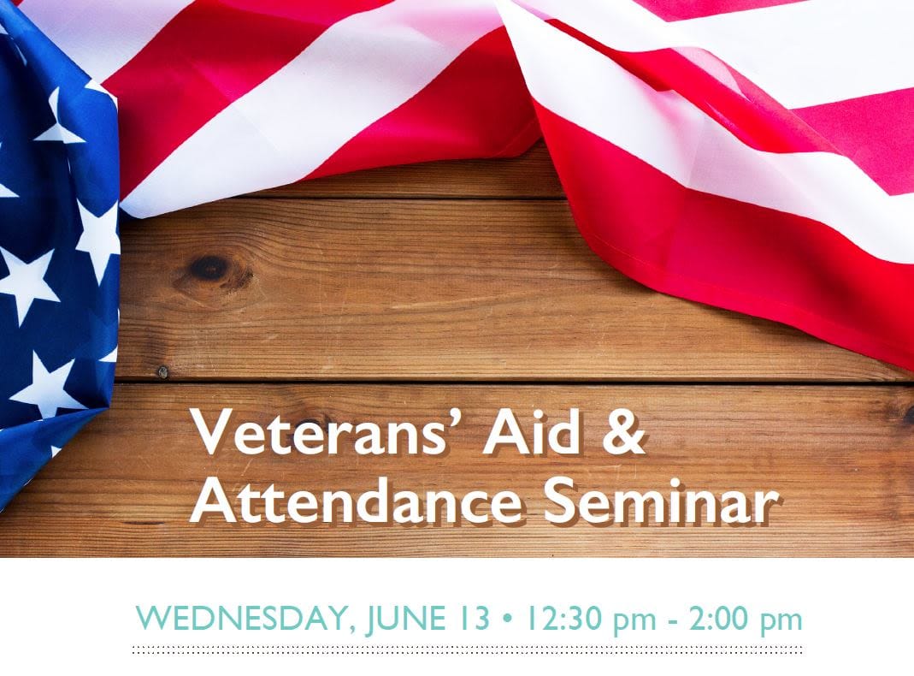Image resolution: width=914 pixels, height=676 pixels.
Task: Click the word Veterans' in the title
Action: pyautogui.click(x=327, y=431)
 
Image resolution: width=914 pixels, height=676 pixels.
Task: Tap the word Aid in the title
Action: pyautogui.click(x=531, y=431)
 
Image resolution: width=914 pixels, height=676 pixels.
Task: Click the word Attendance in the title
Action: pyautogui.click(x=355, y=501)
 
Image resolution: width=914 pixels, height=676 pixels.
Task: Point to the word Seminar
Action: pyautogui.click(x=660, y=501)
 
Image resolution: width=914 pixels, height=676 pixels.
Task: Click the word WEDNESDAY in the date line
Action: pyautogui.click(x=242, y=619)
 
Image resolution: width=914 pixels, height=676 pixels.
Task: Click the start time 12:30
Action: pyautogui.click(x=563, y=619)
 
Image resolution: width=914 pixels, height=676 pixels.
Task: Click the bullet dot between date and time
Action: pyautogui.click(x=506, y=619)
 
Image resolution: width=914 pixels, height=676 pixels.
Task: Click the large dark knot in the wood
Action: pyautogui.click(x=209, y=268)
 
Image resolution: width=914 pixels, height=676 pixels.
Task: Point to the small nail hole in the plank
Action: pyautogui.click(x=162, y=371)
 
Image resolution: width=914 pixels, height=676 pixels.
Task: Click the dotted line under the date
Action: pyautogui.click(x=468, y=649)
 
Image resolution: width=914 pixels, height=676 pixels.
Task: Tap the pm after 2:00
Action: pyautogui.click(x=782, y=622)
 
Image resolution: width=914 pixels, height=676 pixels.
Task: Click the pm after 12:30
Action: pyautogui.click(x=634, y=622)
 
